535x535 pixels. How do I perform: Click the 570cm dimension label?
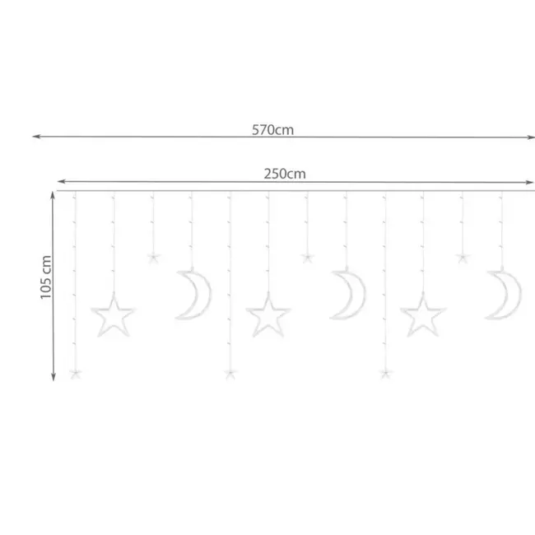(x=272, y=129)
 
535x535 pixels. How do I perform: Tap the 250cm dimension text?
(x=286, y=174)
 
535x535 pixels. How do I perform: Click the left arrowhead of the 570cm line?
(x=35, y=137)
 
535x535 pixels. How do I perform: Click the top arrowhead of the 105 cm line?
(x=54, y=194)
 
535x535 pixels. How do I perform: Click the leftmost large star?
(x=113, y=316)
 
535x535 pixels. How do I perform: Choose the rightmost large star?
(x=422, y=316)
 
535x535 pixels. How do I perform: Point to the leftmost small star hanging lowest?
(x=76, y=374)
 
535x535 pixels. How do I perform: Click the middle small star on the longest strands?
(x=230, y=374)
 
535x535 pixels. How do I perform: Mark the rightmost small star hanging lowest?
(x=384, y=374)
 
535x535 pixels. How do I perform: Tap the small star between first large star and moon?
(x=152, y=258)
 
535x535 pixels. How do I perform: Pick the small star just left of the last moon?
(x=462, y=258)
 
